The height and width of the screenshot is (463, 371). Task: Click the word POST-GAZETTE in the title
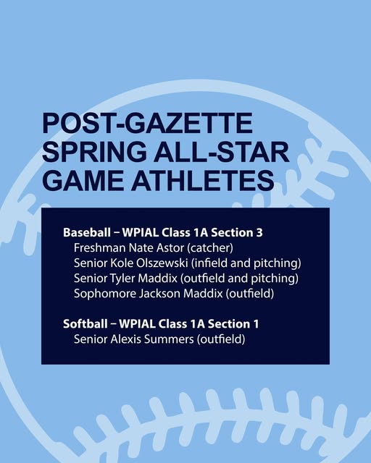pyautogui.click(x=148, y=123)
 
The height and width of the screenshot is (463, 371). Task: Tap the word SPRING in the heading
pyautogui.click(x=94, y=151)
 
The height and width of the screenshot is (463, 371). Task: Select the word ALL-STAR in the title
pyautogui.click(x=221, y=151)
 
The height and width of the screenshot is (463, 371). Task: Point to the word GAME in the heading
pyautogui.click(x=84, y=180)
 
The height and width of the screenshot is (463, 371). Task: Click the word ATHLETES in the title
pyautogui.click(x=203, y=180)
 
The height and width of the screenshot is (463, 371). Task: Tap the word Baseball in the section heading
pyautogui.click(x=87, y=232)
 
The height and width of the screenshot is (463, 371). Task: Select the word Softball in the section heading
pyautogui.click(x=86, y=324)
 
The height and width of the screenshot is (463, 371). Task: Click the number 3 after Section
pyautogui.click(x=259, y=233)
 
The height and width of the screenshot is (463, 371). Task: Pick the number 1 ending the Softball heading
pyautogui.click(x=256, y=324)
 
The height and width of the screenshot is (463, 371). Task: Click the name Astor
pyautogui.click(x=171, y=247)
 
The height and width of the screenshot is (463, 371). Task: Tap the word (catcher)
pyautogui.click(x=210, y=248)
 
